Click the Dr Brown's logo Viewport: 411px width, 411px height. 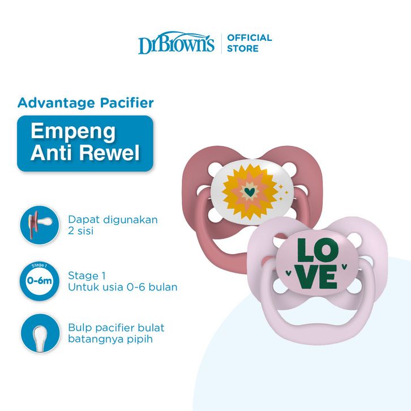[x=176, y=42]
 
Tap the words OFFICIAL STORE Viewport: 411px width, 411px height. [x=249, y=43]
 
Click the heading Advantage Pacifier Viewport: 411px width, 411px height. [x=85, y=102]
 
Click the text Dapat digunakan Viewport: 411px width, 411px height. [x=113, y=219]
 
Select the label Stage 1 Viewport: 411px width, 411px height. [x=87, y=276]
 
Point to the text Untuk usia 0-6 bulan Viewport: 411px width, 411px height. [x=122, y=287]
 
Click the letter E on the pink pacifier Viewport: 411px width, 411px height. [x=328, y=277]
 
